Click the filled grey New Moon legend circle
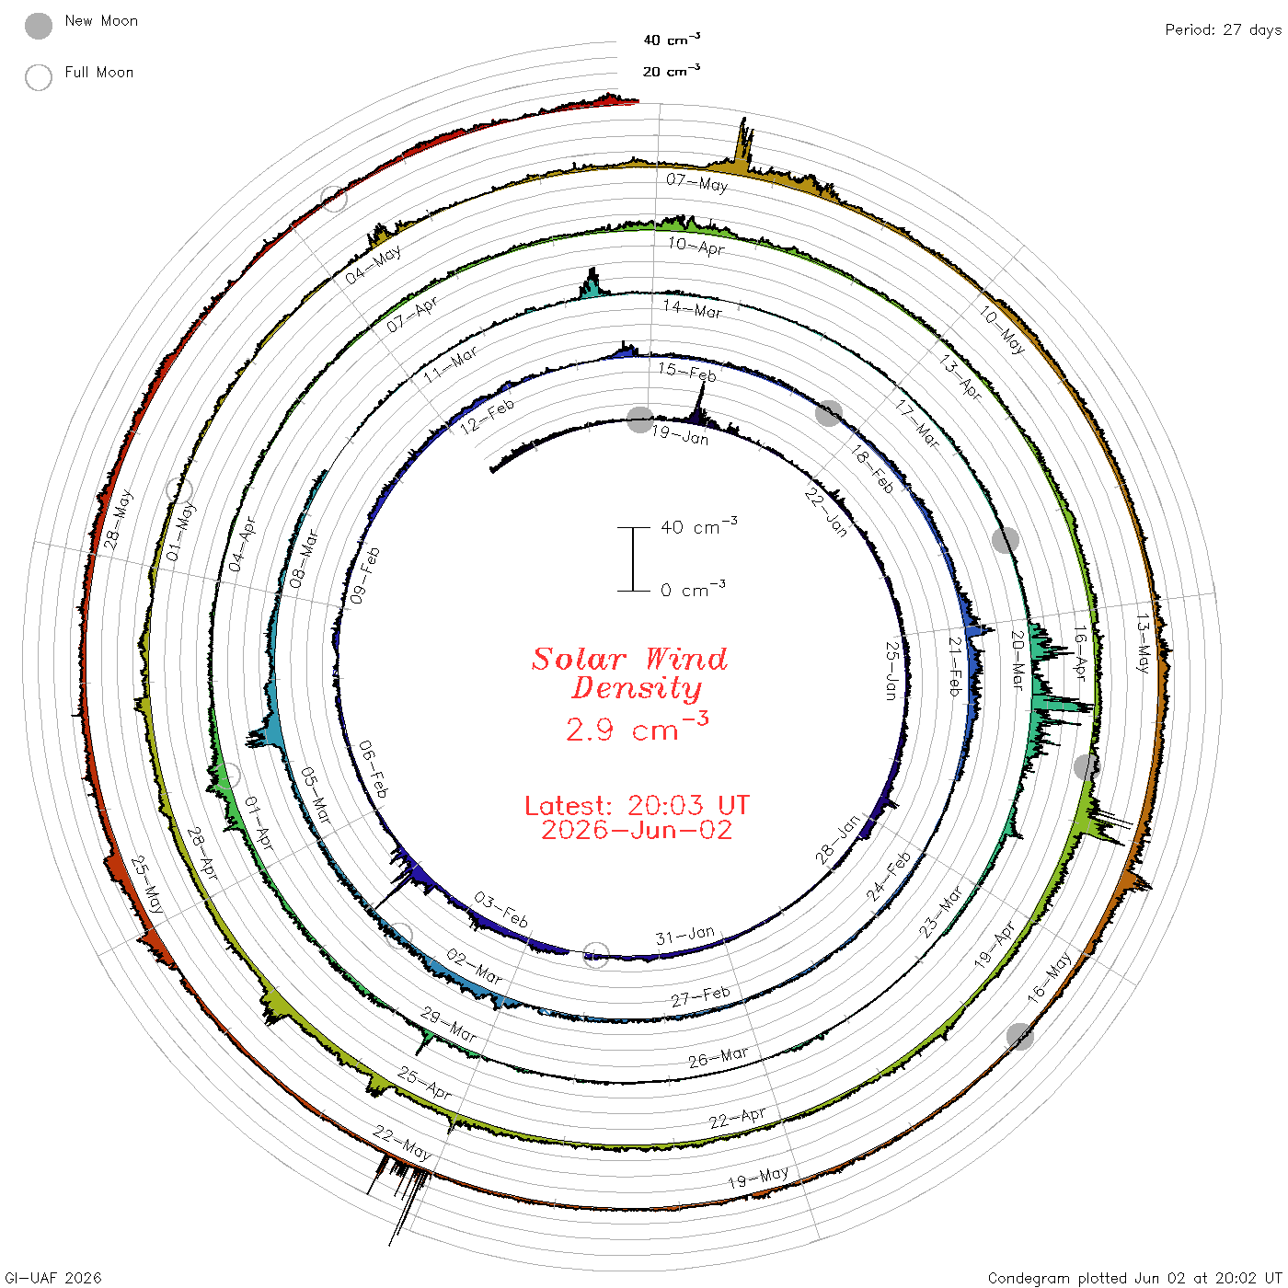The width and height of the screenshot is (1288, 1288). click(38, 26)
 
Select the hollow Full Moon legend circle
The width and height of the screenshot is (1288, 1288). click(38, 77)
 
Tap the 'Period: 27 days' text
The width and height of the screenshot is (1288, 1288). click(1223, 30)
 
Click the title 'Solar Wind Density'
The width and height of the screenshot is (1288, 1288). click(630, 673)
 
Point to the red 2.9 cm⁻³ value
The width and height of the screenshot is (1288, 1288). click(637, 727)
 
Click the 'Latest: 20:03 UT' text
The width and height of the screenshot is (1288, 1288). click(637, 805)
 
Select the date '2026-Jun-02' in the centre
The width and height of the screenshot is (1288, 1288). click(637, 830)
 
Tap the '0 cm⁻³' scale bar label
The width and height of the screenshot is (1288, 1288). click(693, 589)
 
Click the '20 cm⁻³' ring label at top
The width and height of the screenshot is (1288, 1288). click(671, 70)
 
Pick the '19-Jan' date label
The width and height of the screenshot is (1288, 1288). click(680, 436)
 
